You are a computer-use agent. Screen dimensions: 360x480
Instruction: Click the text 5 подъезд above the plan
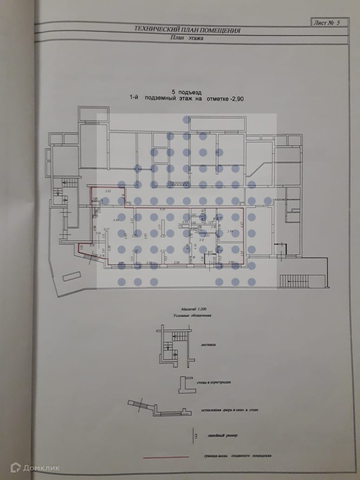coord(187,92)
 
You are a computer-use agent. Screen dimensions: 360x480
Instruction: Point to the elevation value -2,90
coord(240,99)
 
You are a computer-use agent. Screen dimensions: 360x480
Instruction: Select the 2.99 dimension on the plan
coord(230,231)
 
